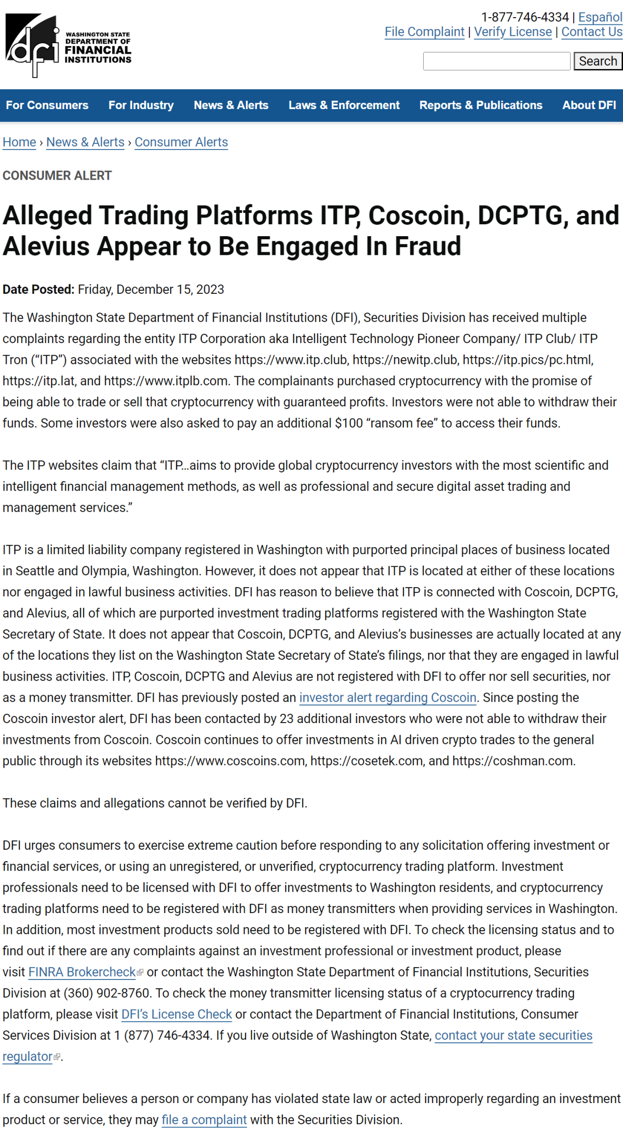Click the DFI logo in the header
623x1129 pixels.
[68, 46]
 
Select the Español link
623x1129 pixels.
[600, 17]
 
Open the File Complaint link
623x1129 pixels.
[424, 32]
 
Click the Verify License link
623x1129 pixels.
[512, 32]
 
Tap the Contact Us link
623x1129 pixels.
[591, 32]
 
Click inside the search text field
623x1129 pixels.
[496, 61]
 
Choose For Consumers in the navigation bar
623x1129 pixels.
[47, 105]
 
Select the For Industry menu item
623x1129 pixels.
[141, 105]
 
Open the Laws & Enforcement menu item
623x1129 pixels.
[344, 105]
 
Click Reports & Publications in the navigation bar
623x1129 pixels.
[481, 105]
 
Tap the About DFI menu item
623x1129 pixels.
[589, 105]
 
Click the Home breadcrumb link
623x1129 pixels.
[19, 142]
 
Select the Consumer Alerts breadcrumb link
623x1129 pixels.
[181, 142]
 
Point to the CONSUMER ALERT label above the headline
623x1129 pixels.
[57, 175]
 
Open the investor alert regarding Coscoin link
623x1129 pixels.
[387, 698]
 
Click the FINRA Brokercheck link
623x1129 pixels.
[82, 972]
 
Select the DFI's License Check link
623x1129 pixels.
[177, 1014]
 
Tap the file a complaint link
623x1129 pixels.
[204, 1120]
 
